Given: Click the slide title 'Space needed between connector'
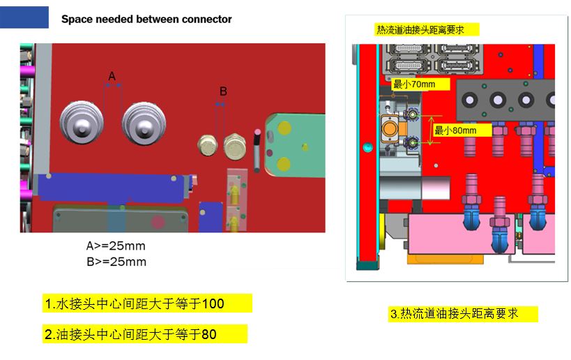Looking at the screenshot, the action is click(146, 19).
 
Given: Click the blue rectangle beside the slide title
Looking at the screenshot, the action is click(24, 17).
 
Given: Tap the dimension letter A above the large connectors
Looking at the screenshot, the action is click(112, 76).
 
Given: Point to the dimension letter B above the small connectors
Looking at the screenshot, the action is click(223, 91).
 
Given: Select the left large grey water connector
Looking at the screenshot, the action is click(82, 122).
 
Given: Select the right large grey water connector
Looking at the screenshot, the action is click(144, 123).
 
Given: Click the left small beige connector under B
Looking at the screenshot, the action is click(208, 145).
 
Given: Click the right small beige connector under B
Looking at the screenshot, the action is click(234, 147).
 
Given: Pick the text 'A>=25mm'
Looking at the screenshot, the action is click(116, 246).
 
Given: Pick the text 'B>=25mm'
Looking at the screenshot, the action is click(116, 262).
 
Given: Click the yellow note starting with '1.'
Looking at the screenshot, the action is click(147, 303).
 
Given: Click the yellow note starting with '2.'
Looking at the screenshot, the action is click(145, 333).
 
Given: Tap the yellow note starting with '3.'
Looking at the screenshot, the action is click(463, 314).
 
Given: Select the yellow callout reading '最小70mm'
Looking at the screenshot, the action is click(421, 84).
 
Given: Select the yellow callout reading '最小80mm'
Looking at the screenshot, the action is click(462, 130).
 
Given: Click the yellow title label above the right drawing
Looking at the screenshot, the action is click(427, 29).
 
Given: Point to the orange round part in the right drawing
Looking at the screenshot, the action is click(390, 128).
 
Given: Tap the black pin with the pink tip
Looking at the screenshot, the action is click(257, 150).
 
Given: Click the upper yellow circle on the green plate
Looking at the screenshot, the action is click(284, 128).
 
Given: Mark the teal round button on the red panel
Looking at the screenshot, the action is click(368, 147).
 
